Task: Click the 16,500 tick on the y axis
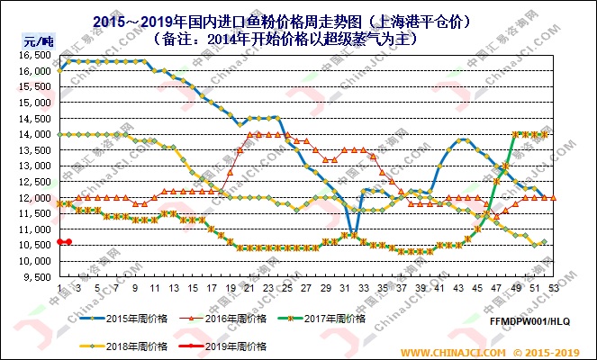pyautogui.click(x=30, y=56)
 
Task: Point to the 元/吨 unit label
pyautogui.click(x=33, y=40)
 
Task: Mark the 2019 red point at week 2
pyautogui.click(x=68, y=242)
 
